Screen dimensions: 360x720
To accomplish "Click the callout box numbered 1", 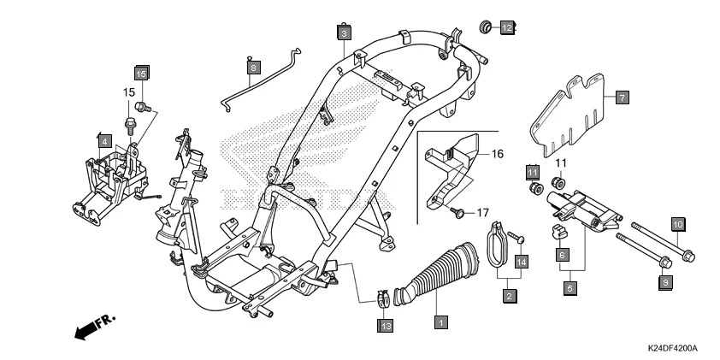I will click(440, 323).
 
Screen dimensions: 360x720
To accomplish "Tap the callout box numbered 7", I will click(622, 97).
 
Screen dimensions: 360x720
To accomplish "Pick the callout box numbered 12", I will click(506, 28).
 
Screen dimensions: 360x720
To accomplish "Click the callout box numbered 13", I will click(386, 325).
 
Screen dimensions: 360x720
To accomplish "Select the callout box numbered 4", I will click(103, 139).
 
